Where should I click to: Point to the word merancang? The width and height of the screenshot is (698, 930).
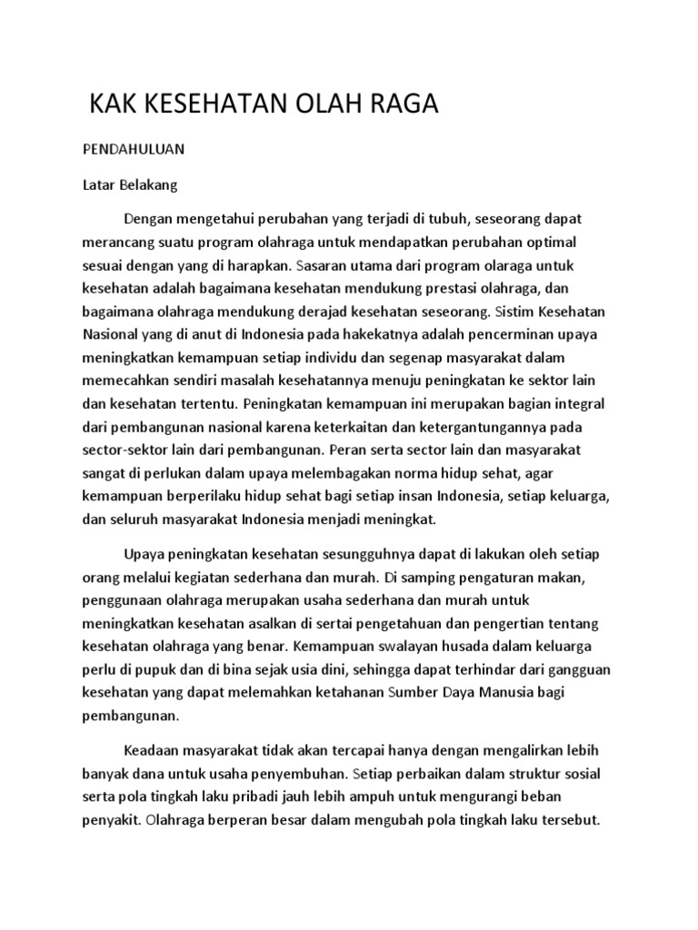(x=117, y=244)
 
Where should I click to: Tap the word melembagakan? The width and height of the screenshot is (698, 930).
(x=333, y=473)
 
